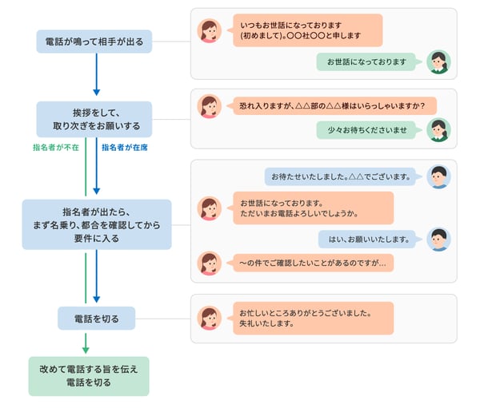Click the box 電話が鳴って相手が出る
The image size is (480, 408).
pyautogui.click(x=94, y=42)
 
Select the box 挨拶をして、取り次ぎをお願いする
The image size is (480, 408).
pyautogui.click(x=94, y=119)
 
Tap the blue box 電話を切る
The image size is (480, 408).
pyautogui.click(x=96, y=319)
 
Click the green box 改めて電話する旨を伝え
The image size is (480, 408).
pyautogui.click(x=89, y=376)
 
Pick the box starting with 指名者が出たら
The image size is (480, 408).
pyautogui.click(x=95, y=224)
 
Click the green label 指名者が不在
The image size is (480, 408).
pyautogui.click(x=55, y=148)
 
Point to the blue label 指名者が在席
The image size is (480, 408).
pyautogui.click(x=125, y=148)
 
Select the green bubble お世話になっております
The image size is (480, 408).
pyautogui.click(x=366, y=61)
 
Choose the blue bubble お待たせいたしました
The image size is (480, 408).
pyautogui.click(x=340, y=176)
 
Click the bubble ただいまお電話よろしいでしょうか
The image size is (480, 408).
pyautogui.click(x=313, y=208)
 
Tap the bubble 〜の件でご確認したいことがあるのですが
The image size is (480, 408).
pyautogui.click(x=313, y=263)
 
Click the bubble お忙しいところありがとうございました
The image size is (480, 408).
pyautogui.click(x=313, y=318)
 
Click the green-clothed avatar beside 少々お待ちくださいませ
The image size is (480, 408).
pyautogui.click(x=438, y=129)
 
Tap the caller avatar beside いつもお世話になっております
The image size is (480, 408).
pyautogui.click(x=210, y=31)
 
